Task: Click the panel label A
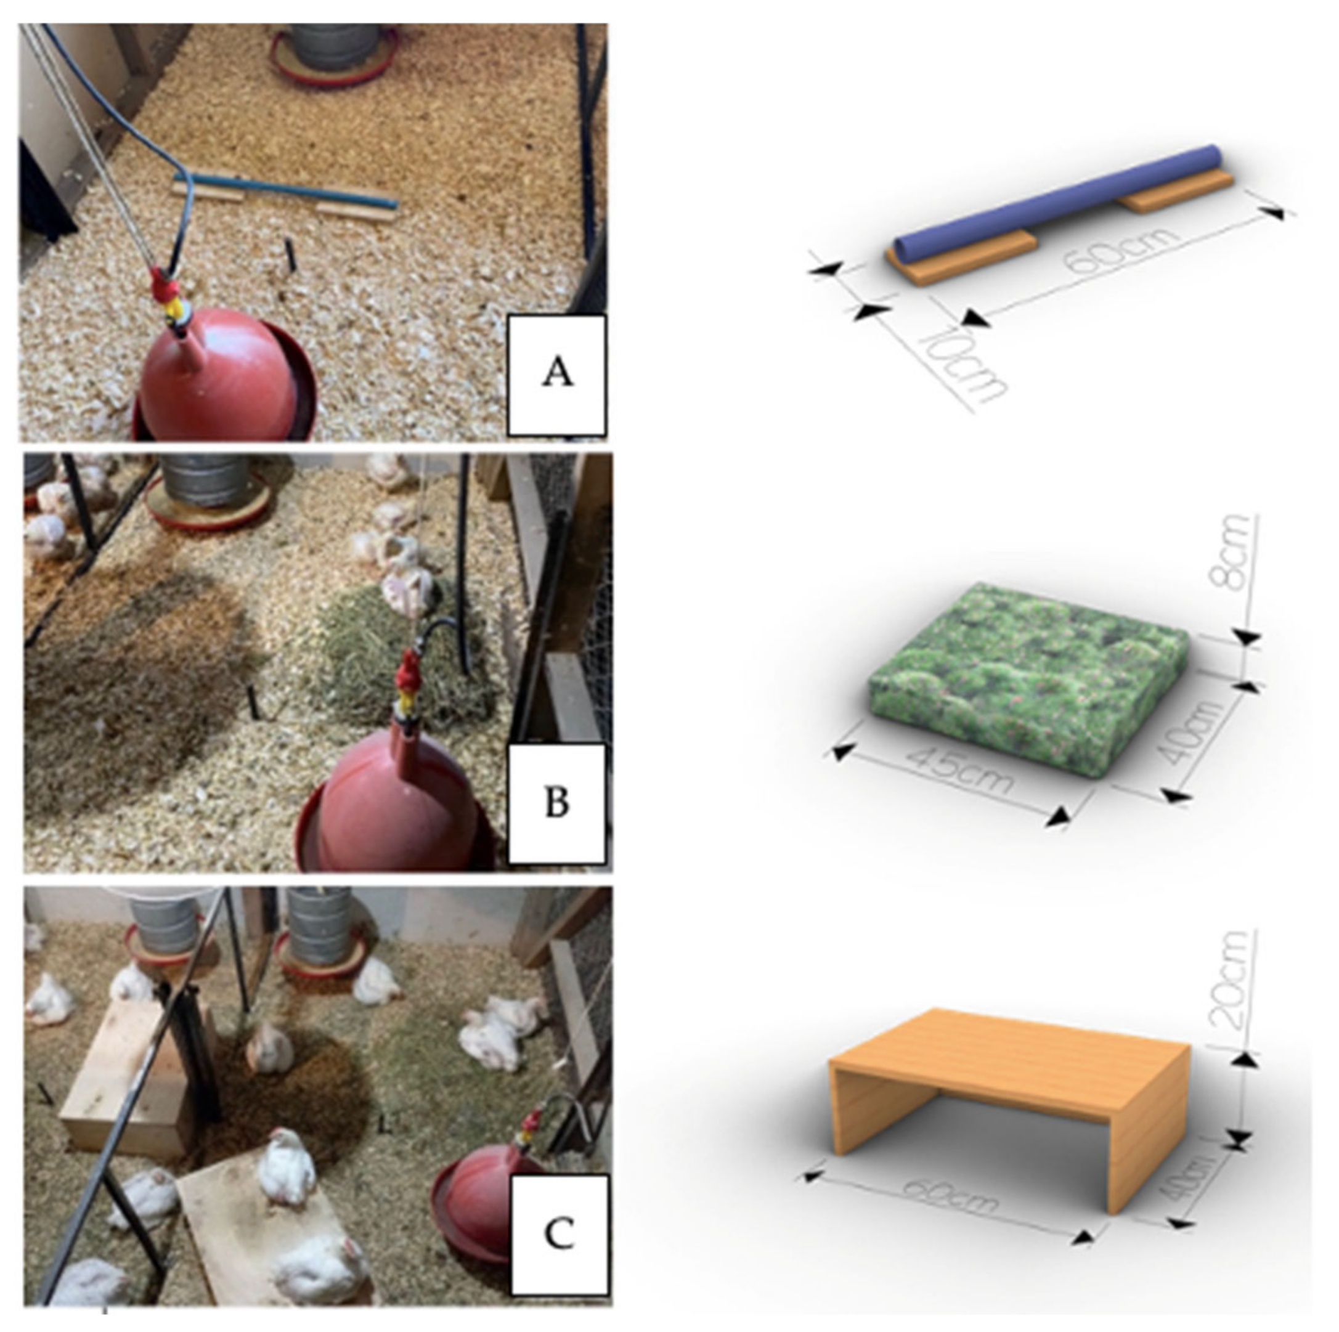tap(558, 373)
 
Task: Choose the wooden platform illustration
tap(1010, 1116)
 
